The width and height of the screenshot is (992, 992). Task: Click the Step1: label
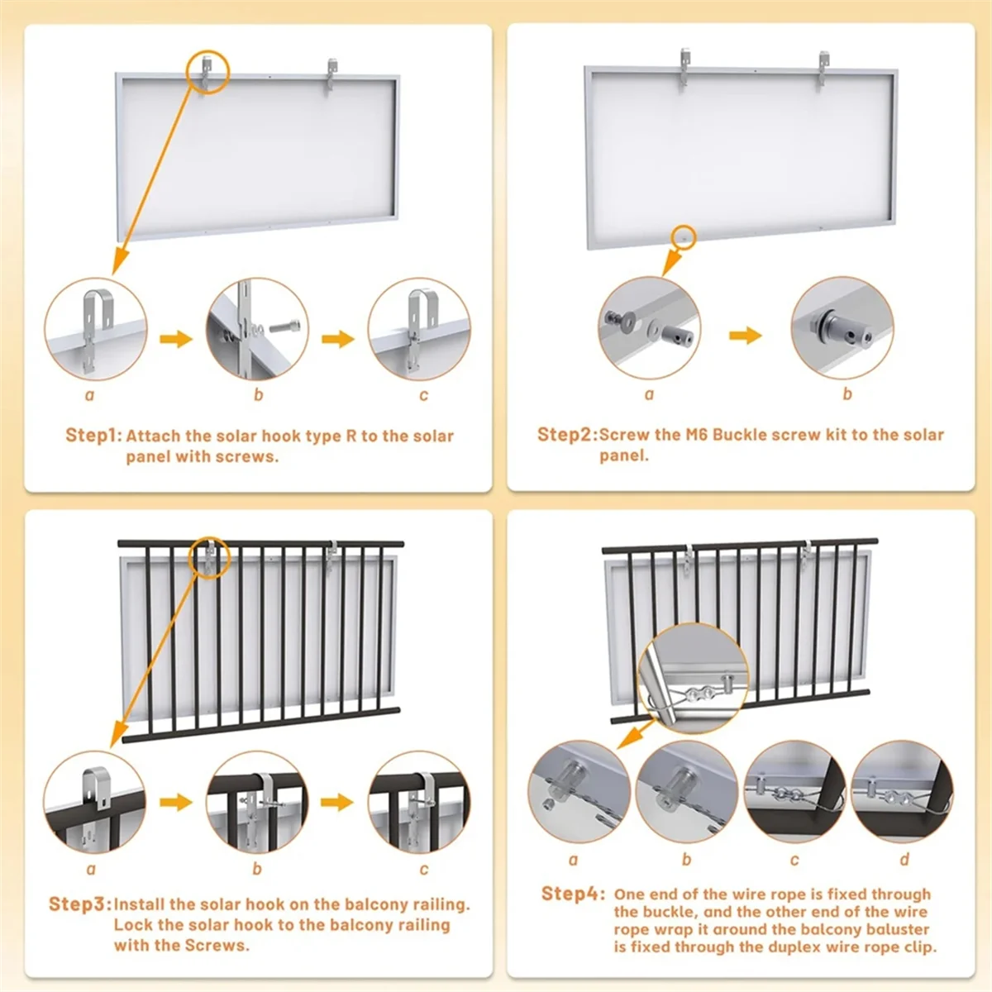[94, 436]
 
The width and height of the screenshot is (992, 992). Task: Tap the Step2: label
[568, 435]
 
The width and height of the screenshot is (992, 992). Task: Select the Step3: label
[80, 904]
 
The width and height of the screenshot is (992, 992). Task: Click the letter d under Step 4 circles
[904, 859]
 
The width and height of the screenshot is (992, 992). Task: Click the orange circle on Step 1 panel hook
[209, 72]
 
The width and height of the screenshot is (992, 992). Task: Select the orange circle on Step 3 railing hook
[209, 557]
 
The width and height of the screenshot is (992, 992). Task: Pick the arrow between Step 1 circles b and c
[338, 339]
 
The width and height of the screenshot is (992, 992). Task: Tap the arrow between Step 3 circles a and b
[175, 802]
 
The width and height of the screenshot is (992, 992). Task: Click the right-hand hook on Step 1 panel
[331, 76]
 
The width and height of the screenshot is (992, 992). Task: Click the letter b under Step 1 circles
[259, 395]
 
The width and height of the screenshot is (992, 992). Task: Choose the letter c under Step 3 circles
[424, 869]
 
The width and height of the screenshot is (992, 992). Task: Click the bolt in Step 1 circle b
[282, 327]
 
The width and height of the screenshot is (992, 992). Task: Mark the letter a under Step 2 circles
[650, 394]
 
